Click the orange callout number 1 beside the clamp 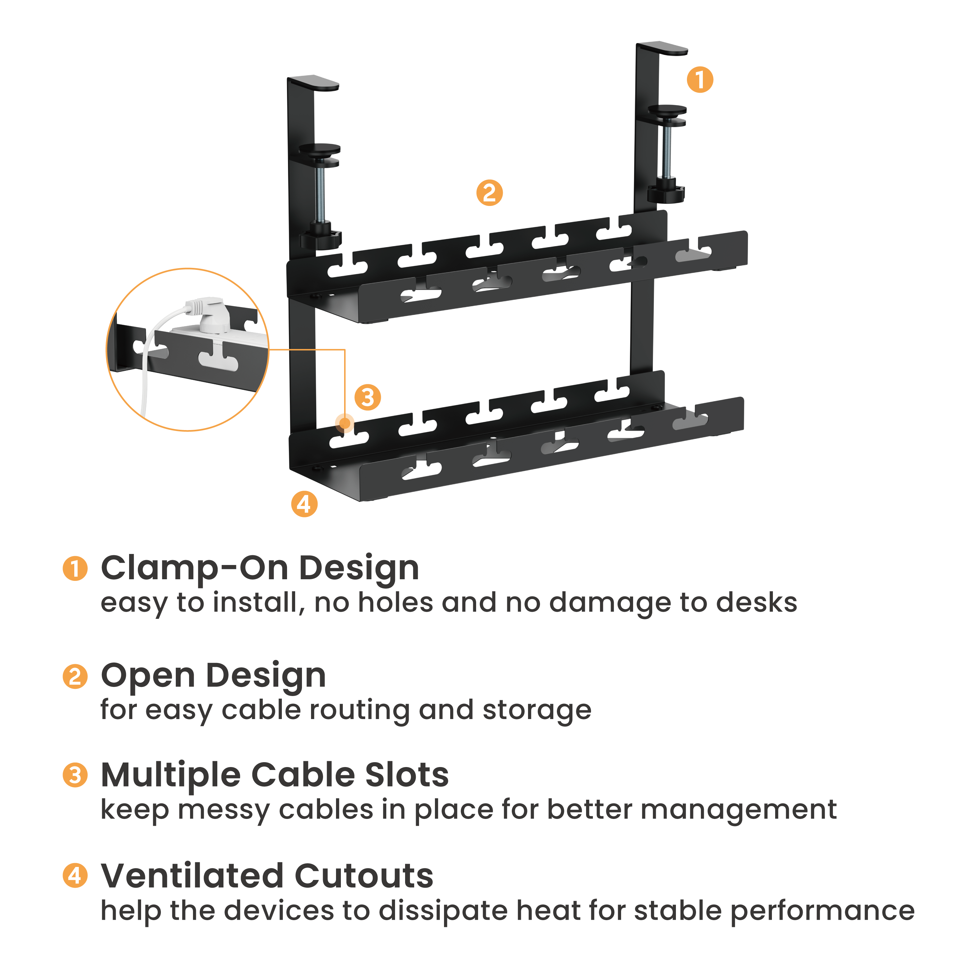700,79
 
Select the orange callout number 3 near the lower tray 368,397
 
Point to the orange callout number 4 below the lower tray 304,504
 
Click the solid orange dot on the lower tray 344,423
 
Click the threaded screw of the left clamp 320,197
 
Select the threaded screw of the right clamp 667,151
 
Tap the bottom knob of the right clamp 666,193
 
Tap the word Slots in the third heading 406,775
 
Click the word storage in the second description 536,710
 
